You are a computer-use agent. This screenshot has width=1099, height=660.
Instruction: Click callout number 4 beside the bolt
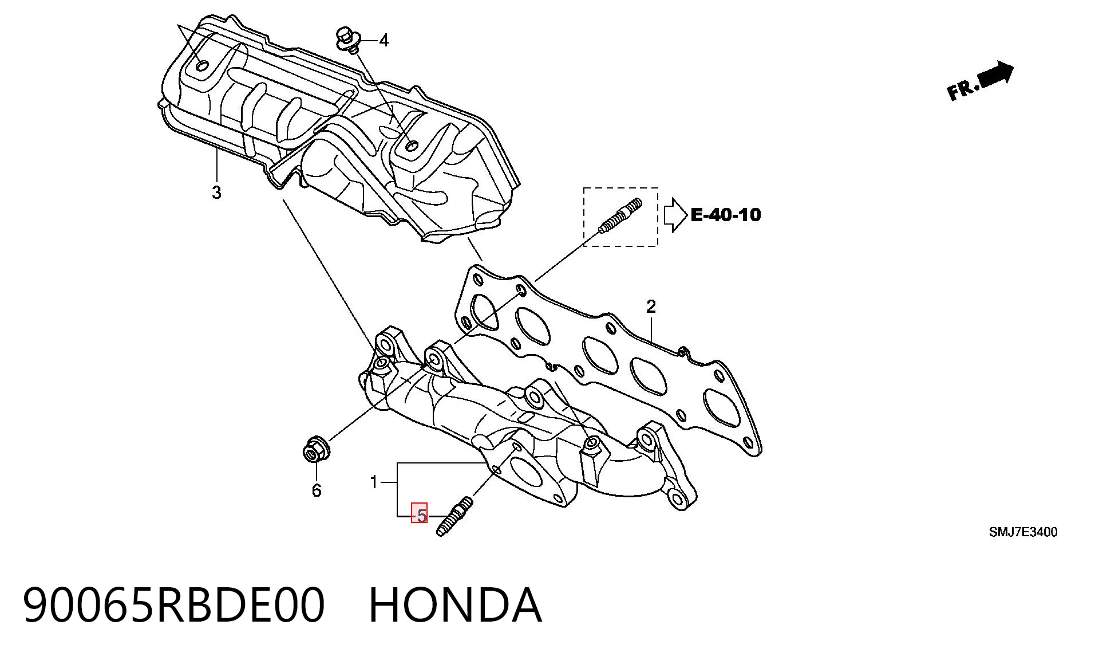tap(384, 41)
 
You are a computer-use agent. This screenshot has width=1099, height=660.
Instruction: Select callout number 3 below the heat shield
tap(216, 192)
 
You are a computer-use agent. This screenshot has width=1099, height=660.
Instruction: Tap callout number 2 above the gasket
tap(651, 307)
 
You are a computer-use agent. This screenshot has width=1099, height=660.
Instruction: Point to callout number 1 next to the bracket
tap(374, 482)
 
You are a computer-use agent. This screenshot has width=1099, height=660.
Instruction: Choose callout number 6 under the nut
tap(317, 490)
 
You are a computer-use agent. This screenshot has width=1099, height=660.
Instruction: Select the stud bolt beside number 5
tap(454, 517)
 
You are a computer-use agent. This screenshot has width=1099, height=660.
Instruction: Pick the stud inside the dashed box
tap(620, 215)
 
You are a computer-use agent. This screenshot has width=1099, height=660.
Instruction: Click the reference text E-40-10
tap(726, 215)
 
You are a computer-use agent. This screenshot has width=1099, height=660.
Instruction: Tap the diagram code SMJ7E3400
tap(1023, 532)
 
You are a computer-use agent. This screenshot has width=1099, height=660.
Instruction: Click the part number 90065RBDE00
tap(174, 604)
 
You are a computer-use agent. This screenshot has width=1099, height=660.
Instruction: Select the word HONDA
tap(455, 604)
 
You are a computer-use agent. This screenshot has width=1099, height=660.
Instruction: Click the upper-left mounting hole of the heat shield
tap(201, 66)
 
